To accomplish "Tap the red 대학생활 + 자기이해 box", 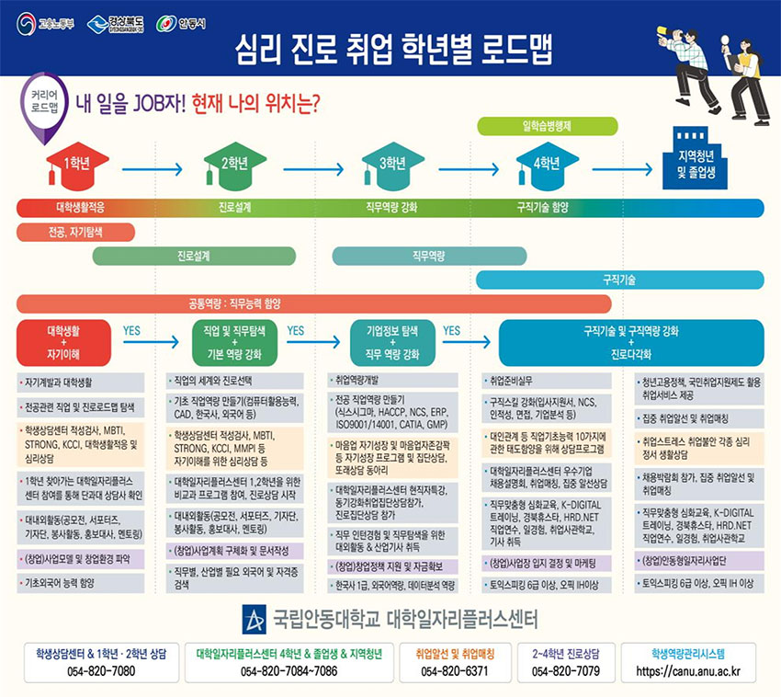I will point(63,342).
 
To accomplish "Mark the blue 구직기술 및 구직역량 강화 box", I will point(630,342).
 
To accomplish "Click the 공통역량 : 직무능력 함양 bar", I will point(313,303).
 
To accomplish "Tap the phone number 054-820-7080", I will point(101,671).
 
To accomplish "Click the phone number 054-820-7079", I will point(566,671).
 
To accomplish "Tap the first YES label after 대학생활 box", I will point(131,329).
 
